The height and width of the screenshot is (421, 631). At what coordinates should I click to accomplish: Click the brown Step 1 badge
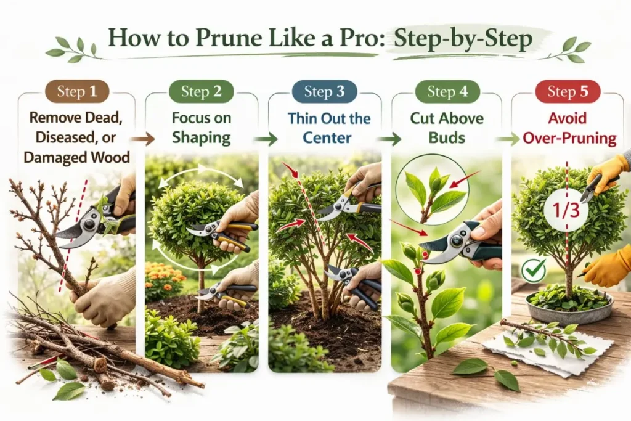77,91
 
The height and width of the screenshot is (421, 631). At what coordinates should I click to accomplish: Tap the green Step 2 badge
202,91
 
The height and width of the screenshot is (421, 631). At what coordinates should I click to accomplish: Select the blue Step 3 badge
324,91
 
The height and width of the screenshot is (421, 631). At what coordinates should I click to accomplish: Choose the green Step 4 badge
447,91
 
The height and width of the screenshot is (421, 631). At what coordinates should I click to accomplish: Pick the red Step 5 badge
568,91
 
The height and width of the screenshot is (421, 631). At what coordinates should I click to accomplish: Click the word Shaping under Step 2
202,137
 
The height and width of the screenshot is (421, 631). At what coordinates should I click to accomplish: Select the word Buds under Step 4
447,137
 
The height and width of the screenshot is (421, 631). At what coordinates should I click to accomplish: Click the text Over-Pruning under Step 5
569,139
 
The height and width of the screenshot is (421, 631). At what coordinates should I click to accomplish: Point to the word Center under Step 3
327,137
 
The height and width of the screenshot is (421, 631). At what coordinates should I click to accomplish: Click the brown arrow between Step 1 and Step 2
143,139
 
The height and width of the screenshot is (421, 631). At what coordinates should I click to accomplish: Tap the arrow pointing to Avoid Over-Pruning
508,139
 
